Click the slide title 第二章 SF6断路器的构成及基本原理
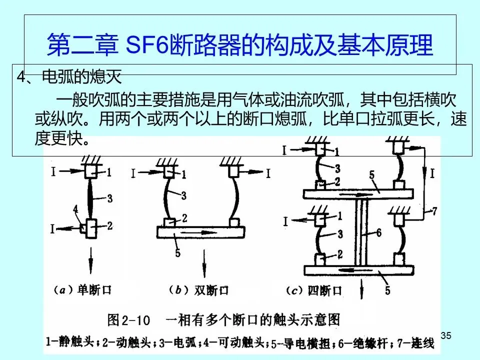pyautogui.click(x=240, y=45)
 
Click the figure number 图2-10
pyautogui.click(x=127, y=318)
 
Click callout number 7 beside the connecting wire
pyautogui.click(x=434, y=211)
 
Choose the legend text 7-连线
pyautogui.click(x=416, y=342)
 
